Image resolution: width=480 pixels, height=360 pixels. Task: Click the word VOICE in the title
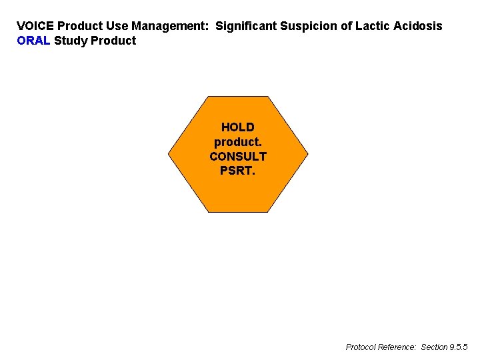tap(35, 26)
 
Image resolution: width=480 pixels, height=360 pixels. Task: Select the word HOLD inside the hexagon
tap(238, 127)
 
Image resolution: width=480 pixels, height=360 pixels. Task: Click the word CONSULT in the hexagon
tap(238, 157)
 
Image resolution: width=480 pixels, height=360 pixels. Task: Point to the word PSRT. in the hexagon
tap(238, 171)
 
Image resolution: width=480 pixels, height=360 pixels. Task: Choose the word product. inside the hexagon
tap(238, 142)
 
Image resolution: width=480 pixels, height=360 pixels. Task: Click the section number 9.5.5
tap(459, 347)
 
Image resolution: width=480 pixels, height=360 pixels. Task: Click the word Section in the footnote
tap(434, 347)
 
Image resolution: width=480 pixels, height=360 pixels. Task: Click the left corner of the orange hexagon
tap(169, 154)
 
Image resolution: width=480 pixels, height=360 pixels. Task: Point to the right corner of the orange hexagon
tap(308, 154)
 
